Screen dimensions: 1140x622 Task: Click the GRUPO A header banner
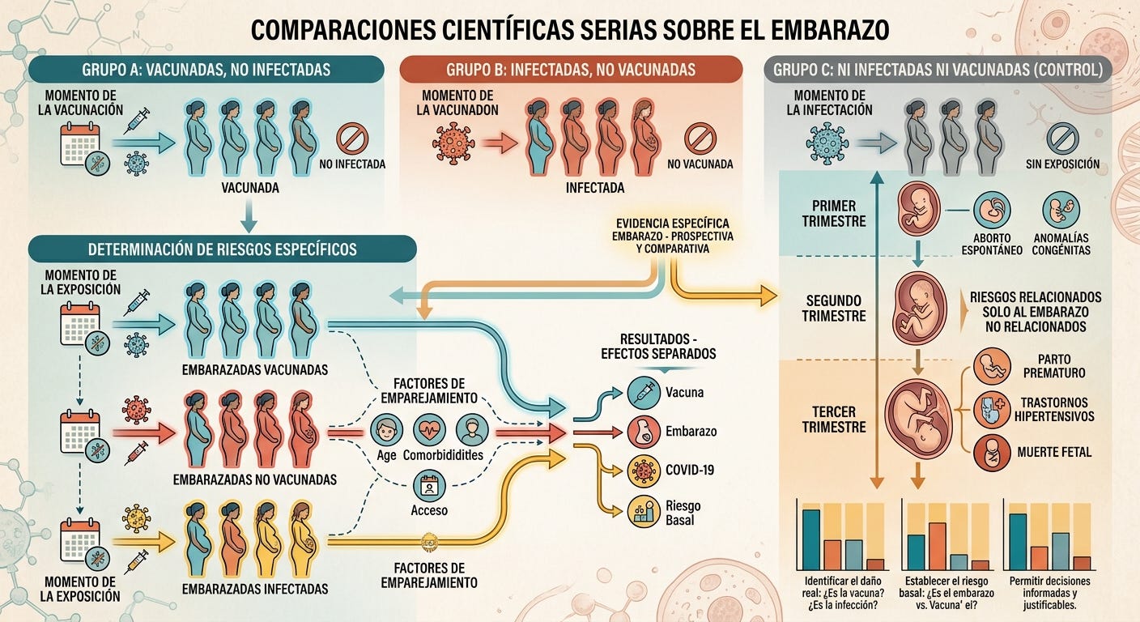tap(206, 69)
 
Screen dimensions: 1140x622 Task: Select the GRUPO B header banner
tap(571, 69)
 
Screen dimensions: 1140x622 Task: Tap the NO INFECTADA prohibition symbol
tap(352, 138)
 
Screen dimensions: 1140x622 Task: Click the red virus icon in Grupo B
tap(453, 143)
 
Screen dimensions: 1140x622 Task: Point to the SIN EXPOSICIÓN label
tap(1062, 164)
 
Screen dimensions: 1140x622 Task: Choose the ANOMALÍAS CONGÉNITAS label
tap(1061, 245)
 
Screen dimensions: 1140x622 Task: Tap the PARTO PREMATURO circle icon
tap(992, 367)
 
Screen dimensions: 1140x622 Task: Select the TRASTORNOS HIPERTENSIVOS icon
tap(992, 410)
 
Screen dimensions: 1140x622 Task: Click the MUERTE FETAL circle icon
tap(992, 453)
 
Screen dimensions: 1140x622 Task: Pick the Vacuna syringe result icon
tap(644, 393)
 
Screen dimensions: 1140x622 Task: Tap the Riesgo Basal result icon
tap(644, 512)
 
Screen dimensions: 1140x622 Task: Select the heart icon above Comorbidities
tap(430, 429)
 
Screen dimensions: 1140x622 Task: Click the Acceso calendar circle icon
tap(430, 486)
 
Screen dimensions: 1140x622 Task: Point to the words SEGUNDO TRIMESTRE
tap(834, 309)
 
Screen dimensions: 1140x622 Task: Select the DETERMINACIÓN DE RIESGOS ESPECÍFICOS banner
tap(223, 249)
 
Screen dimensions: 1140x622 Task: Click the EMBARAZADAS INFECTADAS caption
tap(255, 589)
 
